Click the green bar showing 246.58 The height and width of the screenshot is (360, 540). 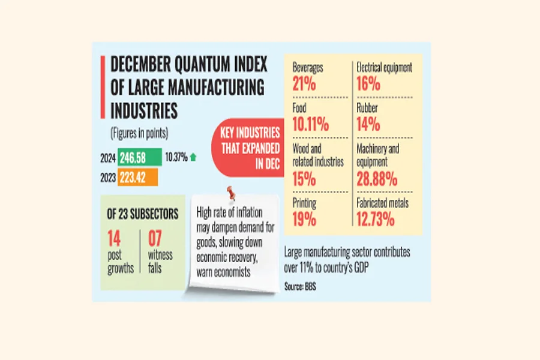[140, 157]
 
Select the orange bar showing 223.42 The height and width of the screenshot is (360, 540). [138, 177]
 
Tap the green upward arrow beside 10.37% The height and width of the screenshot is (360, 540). [193, 157]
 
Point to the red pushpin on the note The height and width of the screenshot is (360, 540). [229, 193]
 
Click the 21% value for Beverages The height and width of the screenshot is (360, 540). [304, 83]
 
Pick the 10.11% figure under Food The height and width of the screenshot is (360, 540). [311, 125]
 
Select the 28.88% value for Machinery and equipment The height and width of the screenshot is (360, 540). [376, 178]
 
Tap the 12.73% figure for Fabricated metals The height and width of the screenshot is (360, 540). [375, 220]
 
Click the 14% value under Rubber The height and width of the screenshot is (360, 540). [367, 125]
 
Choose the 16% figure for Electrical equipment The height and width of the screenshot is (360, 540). [367, 83]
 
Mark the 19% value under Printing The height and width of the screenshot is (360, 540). [304, 220]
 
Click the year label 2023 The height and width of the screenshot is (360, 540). [108, 177]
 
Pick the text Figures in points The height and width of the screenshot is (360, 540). [139, 132]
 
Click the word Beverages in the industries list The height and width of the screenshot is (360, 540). [308, 68]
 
